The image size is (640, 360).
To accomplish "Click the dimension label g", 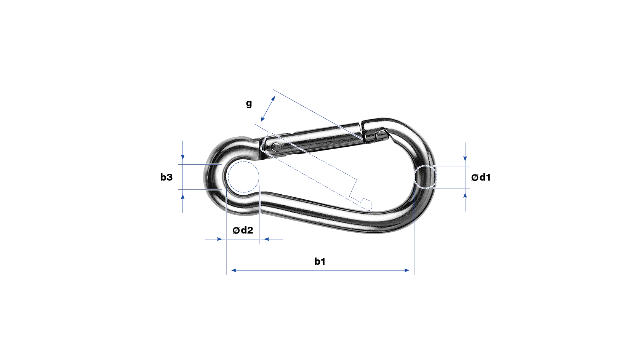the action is pyautogui.click(x=249, y=104).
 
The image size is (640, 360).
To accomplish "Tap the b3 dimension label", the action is pyautogui.click(x=166, y=177).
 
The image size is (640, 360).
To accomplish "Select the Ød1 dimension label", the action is pyautogui.click(x=481, y=177).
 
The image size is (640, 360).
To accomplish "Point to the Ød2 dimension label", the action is pyautogui.click(x=243, y=230).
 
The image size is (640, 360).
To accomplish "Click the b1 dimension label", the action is pyautogui.click(x=320, y=261).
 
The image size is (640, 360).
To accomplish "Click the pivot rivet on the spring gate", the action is pyautogui.click(x=276, y=147).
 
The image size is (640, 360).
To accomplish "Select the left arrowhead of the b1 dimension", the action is pyautogui.click(x=234, y=270).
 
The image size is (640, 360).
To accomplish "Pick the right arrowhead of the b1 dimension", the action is pyautogui.click(x=407, y=270).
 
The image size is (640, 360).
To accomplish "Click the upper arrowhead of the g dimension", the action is pyautogui.click(x=273, y=99).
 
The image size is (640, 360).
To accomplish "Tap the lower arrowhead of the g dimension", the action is pyautogui.click(x=263, y=119).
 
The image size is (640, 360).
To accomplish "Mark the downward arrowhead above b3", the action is pyautogui.click(x=183, y=157).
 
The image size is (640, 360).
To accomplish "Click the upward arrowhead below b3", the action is pyautogui.click(x=183, y=197).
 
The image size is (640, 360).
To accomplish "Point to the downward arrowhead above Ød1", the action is pyautogui.click(x=465, y=159).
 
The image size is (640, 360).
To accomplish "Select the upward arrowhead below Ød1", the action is pyautogui.click(x=465, y=195).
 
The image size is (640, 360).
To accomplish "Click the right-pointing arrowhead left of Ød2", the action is pyautogui.click(x=219, y=239).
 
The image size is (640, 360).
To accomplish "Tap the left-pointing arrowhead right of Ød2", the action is pyautogui.click(x=266, y=239).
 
